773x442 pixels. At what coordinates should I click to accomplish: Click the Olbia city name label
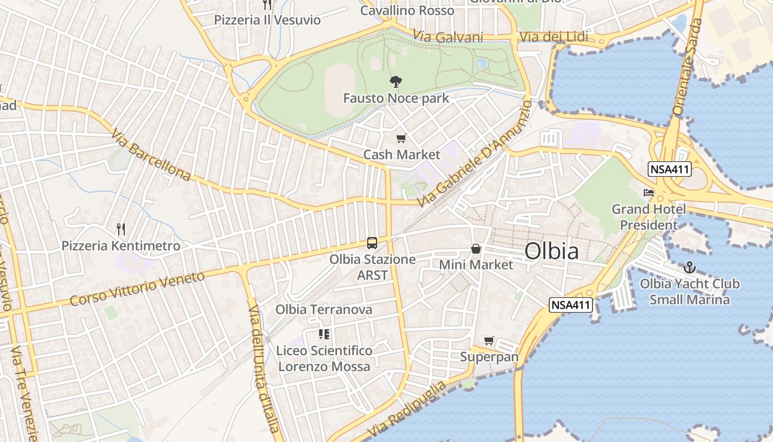coord(552,251)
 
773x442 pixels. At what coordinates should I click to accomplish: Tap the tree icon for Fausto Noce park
coord(395,82)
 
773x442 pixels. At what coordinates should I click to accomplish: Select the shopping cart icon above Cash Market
coord(401,139)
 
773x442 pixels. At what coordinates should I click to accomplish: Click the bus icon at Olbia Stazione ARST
coord(372,243)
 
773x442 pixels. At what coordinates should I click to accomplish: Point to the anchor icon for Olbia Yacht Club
coord(689,268)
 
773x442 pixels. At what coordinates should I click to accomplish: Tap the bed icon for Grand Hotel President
coord(649,193)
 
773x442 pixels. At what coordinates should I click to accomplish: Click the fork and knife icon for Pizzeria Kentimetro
coord(121,229)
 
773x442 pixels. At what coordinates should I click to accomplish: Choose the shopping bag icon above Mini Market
coord(476,249)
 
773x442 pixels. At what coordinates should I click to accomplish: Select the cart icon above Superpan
coord(489,341)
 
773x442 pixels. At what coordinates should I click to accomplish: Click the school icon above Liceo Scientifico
coord(324,334)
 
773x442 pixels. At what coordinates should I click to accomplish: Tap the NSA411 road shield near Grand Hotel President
coord(670,170)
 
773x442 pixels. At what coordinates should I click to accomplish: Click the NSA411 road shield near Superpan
coord(571,304)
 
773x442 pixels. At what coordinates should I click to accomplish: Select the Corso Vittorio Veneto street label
coord(137,288)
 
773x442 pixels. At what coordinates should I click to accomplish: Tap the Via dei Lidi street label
coord(554,38)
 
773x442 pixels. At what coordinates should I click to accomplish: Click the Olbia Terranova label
coord(324,309)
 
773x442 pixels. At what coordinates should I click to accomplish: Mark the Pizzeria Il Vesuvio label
coord(267,20)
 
